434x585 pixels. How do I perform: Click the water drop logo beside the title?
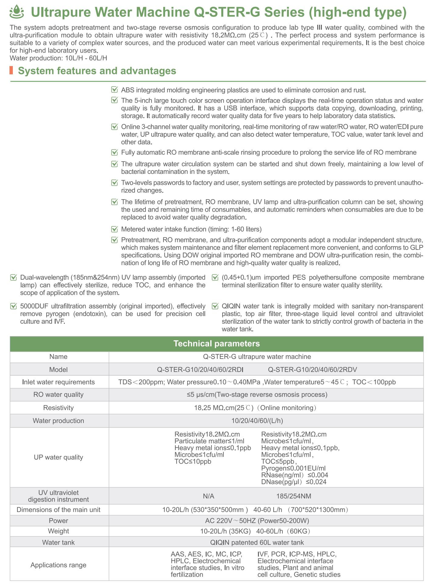point(17,12)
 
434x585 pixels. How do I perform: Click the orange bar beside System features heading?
point(11,70)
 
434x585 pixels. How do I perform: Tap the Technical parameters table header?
point(216,344)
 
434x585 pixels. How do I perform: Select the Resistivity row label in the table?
point(58,408)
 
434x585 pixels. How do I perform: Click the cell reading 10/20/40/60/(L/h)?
point(257,421)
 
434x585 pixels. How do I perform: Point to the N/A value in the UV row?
point(208,496)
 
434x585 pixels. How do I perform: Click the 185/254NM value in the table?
point(294,496)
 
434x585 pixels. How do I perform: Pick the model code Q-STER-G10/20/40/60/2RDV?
point(312,370)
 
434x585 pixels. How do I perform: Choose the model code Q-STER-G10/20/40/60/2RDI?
point(200,370)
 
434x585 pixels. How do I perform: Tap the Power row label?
point(58,521)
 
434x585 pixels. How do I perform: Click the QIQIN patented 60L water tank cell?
point(257,542)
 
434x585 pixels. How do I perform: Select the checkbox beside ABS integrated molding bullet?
point(115,90)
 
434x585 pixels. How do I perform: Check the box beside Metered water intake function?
point(115,229)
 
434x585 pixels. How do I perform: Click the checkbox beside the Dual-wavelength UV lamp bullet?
point(14,278)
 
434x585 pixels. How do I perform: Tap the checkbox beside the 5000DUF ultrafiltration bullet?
point(14,306)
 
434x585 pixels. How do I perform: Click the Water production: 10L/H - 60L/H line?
point(58,58)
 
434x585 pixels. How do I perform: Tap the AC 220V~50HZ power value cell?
point(257,521)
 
